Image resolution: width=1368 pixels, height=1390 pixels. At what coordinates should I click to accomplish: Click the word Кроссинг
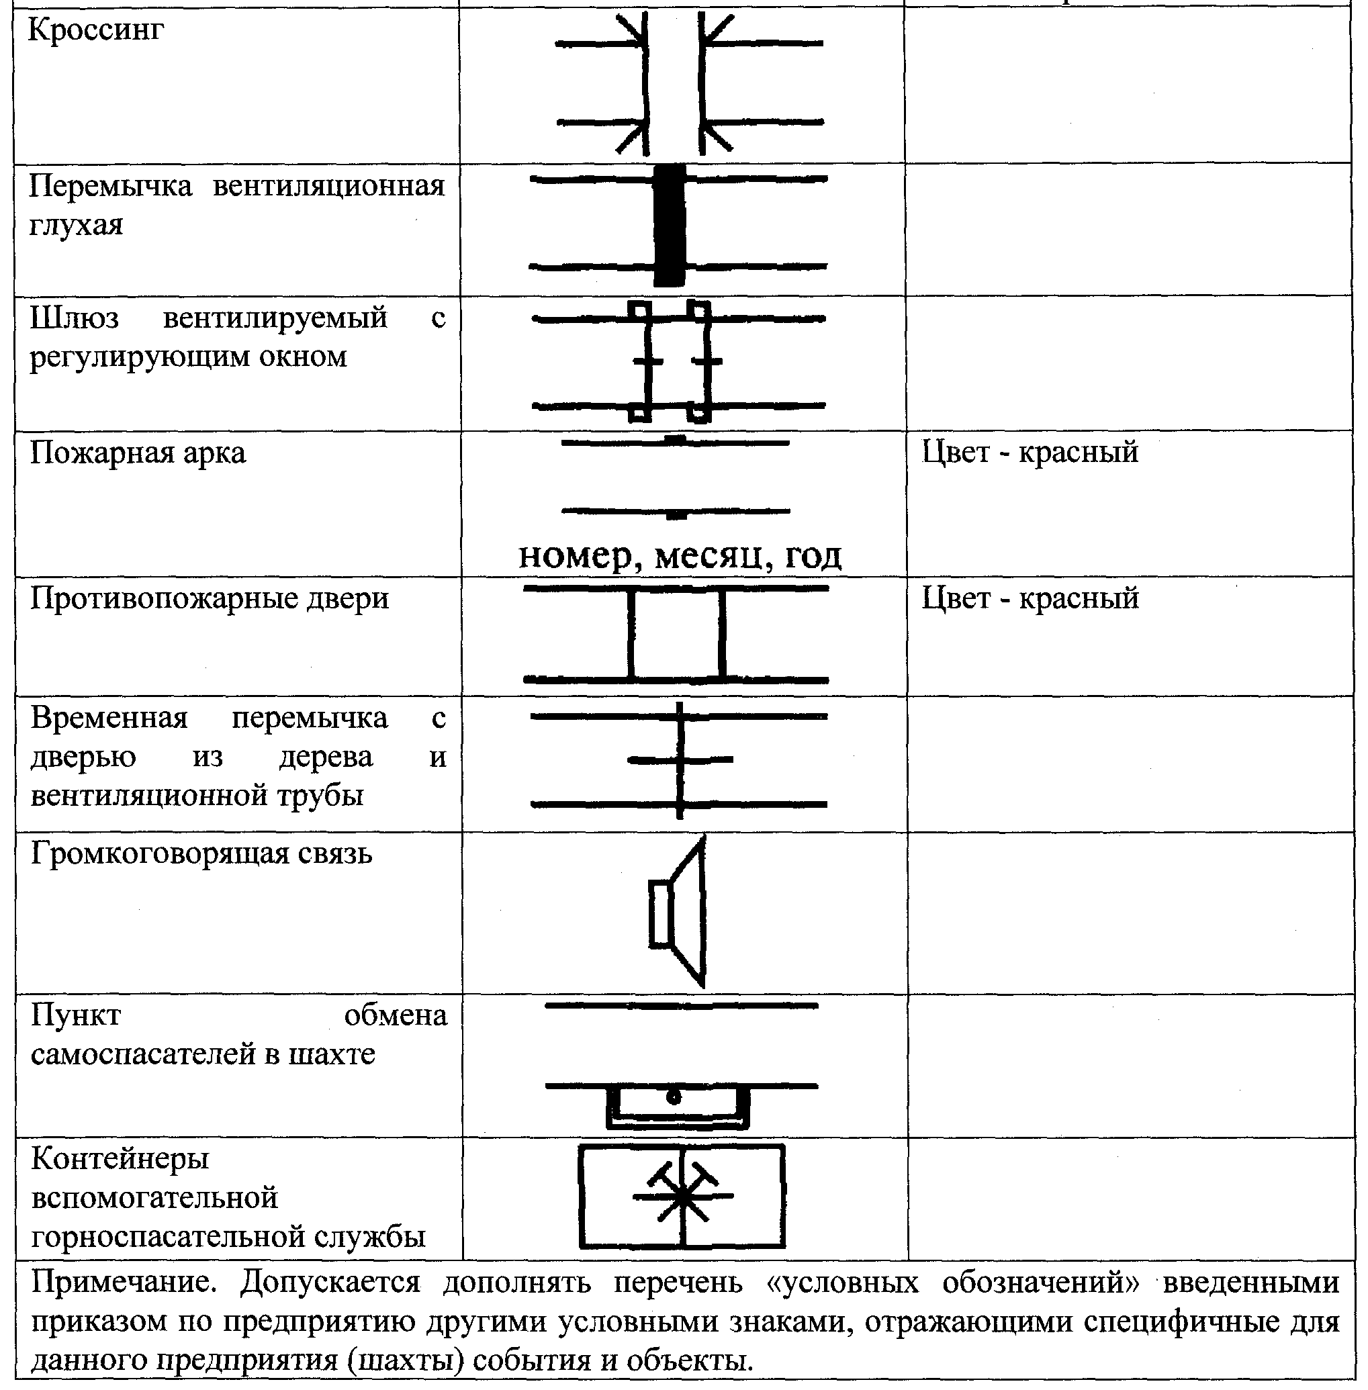(95, 31)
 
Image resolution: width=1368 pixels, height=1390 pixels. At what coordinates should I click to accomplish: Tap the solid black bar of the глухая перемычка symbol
(670, 226)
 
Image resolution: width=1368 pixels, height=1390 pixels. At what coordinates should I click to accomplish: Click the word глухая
(76, 226)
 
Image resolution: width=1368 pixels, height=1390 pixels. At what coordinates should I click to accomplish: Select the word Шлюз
(74, 318)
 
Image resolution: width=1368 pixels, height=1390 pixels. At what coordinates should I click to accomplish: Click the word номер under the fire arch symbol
(575, 556)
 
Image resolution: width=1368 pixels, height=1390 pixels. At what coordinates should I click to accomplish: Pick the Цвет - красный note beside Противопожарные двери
(1030, 599)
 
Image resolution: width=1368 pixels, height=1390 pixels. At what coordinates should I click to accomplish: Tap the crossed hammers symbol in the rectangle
(682, 1195)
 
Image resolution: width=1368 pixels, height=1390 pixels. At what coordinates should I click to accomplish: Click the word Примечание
(124, 1283)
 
